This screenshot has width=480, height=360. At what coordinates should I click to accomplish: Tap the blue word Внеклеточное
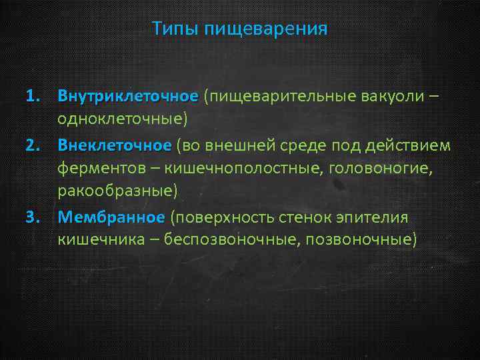pos(115,145)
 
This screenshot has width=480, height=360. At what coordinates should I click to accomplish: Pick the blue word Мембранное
pos(111,217)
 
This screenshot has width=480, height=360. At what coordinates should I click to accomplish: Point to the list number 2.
pos(33,145)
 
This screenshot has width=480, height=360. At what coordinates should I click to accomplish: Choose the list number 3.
pos(33,217)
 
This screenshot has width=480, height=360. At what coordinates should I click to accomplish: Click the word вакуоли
pos(391,97)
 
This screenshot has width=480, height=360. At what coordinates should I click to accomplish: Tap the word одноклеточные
pos(122,120)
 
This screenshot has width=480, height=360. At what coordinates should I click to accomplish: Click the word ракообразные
pos(118,192)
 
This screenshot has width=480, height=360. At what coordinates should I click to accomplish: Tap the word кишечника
pos(100,241)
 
